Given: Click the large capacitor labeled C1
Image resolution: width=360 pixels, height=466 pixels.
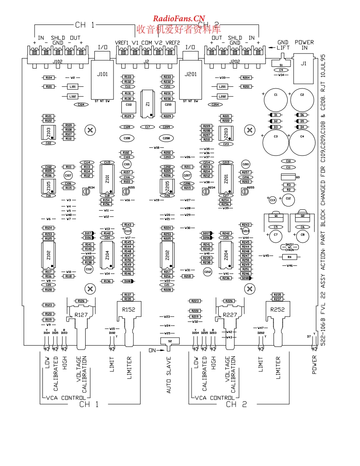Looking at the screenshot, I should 275,100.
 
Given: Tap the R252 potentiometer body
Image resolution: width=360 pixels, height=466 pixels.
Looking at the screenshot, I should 277,310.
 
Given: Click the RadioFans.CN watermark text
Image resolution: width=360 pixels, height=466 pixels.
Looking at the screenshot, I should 179,18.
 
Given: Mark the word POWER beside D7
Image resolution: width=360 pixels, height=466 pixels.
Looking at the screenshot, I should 314,365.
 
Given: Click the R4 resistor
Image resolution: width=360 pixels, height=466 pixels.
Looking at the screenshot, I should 290,257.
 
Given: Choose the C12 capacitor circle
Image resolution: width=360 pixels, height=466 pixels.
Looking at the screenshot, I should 288,199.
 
